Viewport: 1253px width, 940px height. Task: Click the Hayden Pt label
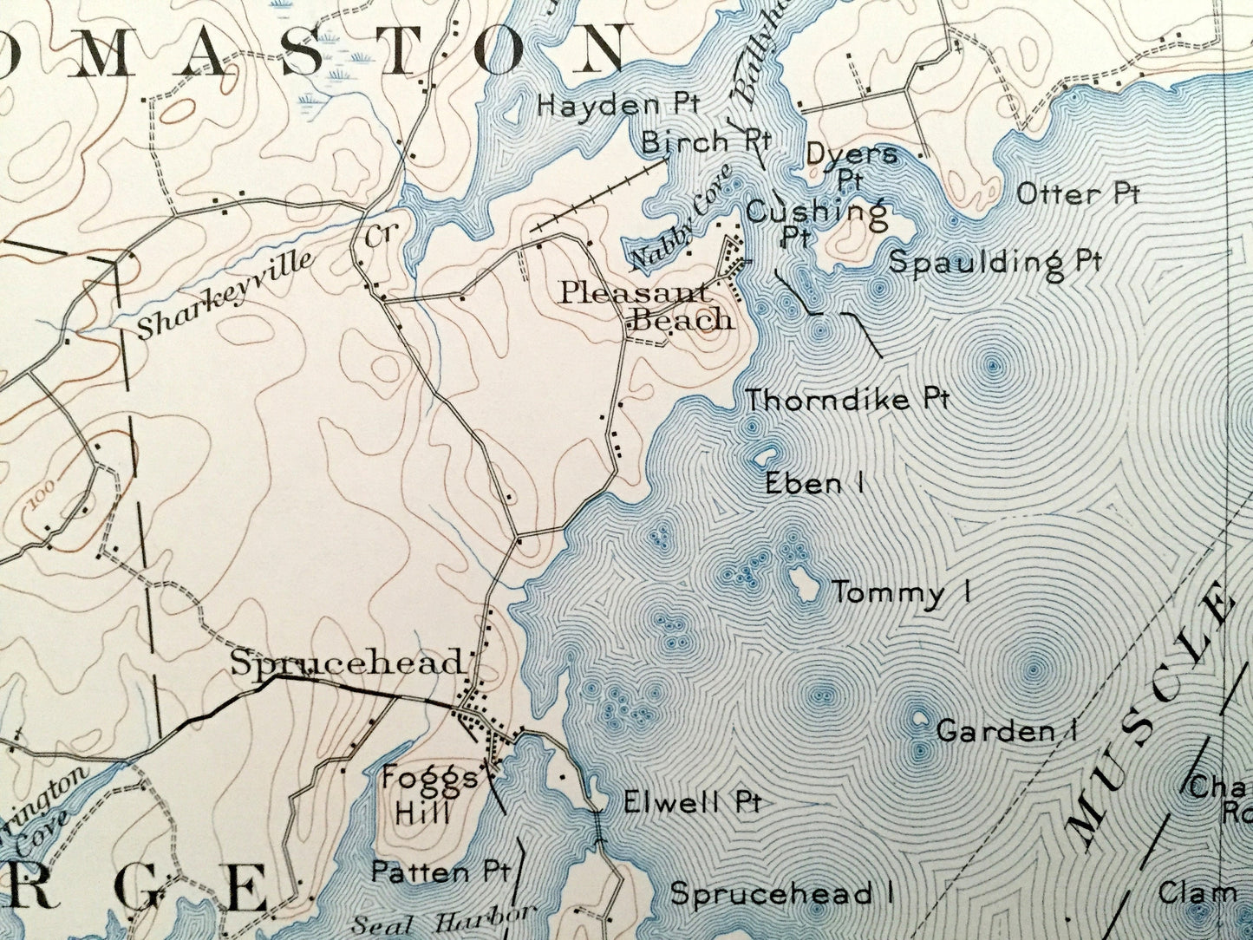618,105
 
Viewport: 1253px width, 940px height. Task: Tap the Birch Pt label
707,140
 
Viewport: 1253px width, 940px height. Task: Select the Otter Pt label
1077,193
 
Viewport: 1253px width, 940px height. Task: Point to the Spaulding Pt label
995,261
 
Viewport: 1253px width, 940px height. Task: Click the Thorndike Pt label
848,400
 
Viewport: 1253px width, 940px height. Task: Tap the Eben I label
814,483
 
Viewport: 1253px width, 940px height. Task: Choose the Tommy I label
901,593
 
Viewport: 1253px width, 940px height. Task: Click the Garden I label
1006,731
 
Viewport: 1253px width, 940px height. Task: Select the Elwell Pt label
692,801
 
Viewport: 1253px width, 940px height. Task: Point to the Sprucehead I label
782,893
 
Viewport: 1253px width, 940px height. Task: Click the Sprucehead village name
346,663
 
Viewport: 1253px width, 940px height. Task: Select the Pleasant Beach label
646,305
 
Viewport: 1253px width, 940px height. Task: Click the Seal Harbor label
441,920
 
